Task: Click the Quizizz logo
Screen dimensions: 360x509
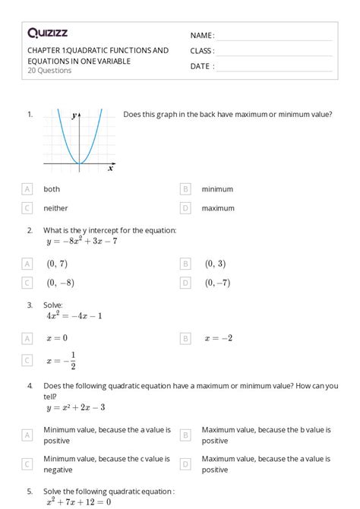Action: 48,33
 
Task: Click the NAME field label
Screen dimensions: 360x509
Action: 202,36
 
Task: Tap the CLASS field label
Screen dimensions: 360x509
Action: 202,51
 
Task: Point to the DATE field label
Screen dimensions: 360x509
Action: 201,66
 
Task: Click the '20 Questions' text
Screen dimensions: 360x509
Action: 49,71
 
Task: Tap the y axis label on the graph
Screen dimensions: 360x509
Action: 74,116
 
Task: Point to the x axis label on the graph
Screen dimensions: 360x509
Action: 110,168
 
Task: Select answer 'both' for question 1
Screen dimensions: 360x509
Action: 52,189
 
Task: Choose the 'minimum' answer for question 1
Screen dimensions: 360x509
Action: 217,189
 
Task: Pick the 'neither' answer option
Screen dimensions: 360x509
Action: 55,208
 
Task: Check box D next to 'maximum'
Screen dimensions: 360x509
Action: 185,208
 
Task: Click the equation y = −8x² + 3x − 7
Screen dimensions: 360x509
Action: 82,242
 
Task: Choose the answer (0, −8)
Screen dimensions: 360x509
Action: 60,283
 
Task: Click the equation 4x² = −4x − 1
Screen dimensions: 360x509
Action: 74,315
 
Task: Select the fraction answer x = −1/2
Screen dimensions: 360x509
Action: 62,361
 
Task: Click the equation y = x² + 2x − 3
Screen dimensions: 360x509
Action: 76,407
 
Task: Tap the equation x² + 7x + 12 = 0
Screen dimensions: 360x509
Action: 79,501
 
